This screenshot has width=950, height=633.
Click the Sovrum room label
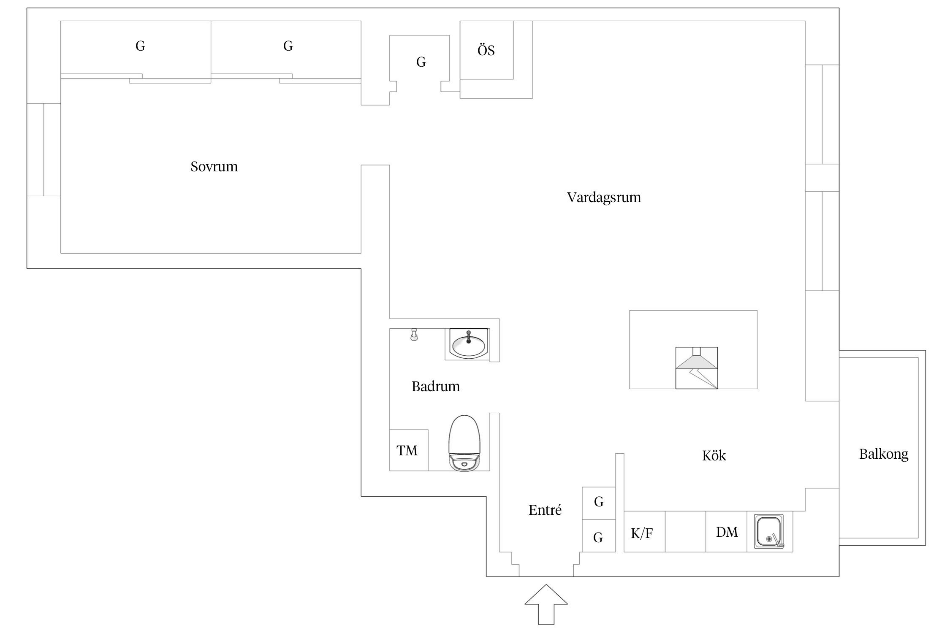tap(214, 167)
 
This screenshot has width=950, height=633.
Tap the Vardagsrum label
tap(604, 197)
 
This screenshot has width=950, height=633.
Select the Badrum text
tap(435, 386)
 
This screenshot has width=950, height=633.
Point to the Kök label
tap(714, 456)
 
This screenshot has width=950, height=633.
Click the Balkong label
tap(883, 454)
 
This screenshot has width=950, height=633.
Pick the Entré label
tap(545, 510)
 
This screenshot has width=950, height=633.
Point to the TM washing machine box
tap(407, 451)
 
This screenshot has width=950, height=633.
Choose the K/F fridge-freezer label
tap(642, 533)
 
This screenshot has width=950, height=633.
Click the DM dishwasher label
tap(727, 532)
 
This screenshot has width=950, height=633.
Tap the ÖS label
tap(486, 51)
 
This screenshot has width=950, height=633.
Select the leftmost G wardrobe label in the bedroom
tap(140, 46)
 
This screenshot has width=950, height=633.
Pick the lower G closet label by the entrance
tap(598, 537)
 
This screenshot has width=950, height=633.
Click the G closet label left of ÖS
tap(421, 62)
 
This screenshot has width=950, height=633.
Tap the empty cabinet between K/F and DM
tap(685, 532)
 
